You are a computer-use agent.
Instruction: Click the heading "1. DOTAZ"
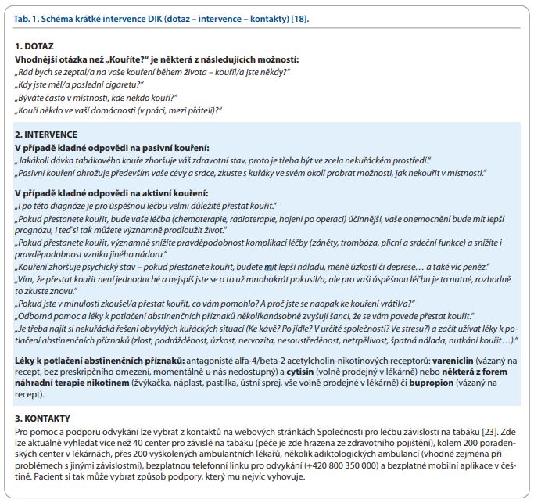[35, 48]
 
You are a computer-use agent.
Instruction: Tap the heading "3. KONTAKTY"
[45, 419]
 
